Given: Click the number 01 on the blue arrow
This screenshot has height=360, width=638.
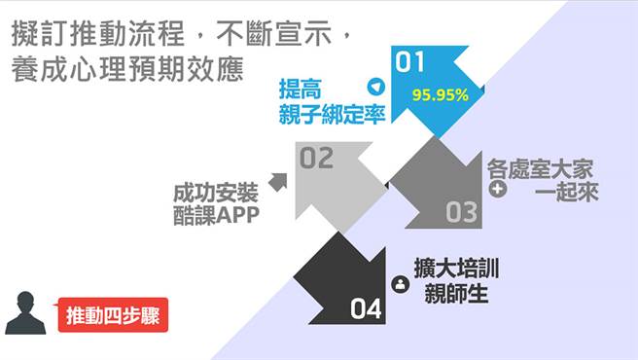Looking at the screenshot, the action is pyautogui.click(x=410, y=63).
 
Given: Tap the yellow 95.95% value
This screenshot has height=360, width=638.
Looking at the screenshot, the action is pyautogui.click(x=440, y=95).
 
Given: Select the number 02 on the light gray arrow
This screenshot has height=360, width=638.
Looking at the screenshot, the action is pyautogui.click(x=316, y=158).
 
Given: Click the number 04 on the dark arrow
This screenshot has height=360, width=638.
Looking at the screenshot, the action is pyautogui.click(x=367, y=309).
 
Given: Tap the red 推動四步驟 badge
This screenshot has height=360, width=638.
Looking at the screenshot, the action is pyautogui.click(x=113, y=315).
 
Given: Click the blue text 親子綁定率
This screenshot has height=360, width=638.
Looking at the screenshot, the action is pyautogui.click(x=332, y=113).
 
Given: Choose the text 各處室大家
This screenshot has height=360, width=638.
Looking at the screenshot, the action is pyautogui.click(x=539, y=166).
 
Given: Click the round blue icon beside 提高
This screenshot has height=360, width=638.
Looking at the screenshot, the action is pyautogui.click(x=374, y=87).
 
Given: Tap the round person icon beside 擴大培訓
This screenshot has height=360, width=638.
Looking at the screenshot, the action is pyautogui.click(x=399, y=284).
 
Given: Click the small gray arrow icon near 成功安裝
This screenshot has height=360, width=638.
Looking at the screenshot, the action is pyautogui.click(x=277, y=181).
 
